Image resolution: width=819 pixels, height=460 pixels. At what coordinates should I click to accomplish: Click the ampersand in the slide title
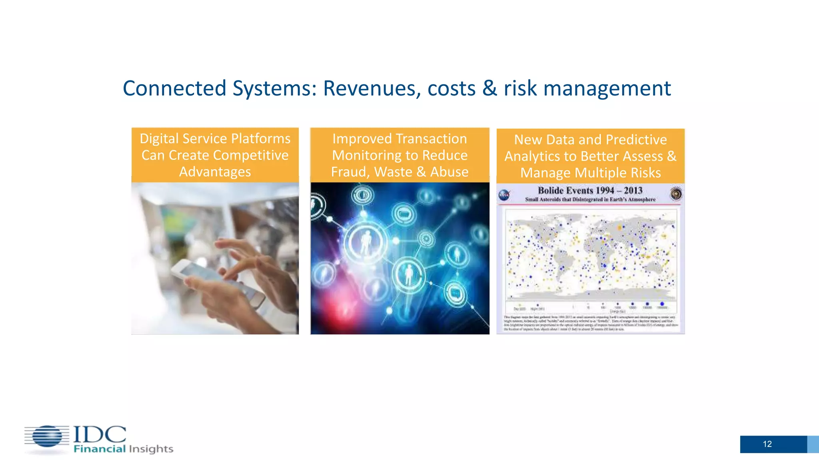click(x=489, y=88)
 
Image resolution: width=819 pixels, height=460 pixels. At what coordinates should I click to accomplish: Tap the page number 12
click(x=767, y=444)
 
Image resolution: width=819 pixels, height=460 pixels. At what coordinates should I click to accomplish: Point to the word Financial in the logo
click(x=100, y=449)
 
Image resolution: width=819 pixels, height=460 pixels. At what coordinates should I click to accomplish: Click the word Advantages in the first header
click(x=215, y=172)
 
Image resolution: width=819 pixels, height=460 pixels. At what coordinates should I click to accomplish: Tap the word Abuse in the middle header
click(x=449, y=172)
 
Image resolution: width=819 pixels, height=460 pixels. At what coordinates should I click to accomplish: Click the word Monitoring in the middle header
click(x=367, y=155)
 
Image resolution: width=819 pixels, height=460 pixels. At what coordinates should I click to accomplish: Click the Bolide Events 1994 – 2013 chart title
click(x=590, y=190)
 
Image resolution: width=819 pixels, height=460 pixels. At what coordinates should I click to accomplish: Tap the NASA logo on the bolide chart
click(x=504, y=195)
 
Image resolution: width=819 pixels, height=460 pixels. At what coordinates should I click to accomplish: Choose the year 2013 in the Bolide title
click(x=633, y=190)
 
